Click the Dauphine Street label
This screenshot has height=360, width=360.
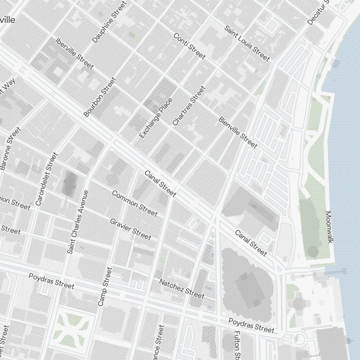click(x=109, y=22)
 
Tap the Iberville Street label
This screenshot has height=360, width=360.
click(x=75, y=53)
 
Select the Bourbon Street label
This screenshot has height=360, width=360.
click(x=100, y=97)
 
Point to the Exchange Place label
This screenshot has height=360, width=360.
click(x=156, y=118)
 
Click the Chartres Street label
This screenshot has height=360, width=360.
click(x=189, y=106)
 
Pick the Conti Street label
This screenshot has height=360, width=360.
click(x=189, y=46)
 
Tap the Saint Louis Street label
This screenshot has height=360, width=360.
click(x=247, y=43)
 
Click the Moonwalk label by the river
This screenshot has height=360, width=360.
click(x=328, y=227)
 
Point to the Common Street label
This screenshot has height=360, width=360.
click(x=135, y=204)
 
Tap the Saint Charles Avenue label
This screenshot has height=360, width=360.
click(x=78, y=222)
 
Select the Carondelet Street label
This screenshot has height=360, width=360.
click(x=46, y=179)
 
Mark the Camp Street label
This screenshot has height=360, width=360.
click(x=105, y=287)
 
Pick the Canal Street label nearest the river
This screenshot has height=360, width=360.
click(x=251, y=243)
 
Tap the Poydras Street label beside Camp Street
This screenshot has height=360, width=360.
click(x=51, y=281)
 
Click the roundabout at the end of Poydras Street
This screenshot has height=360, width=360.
click(x=298, y=338)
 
